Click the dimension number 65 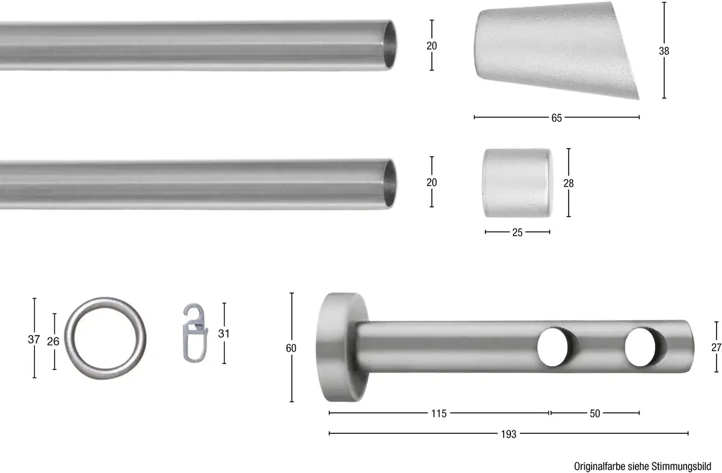point(557,118)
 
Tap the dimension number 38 point(664,51)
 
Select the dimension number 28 point(568,183)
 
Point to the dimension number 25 point(517,232)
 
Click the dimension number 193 point(508,434)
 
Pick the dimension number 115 point(439,413)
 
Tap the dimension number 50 point(595,413)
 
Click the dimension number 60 point(291,348)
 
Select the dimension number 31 point(224,334)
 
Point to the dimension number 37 point(34,339)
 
